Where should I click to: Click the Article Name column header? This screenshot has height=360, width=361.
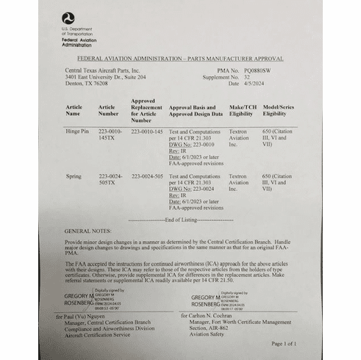(74, 110)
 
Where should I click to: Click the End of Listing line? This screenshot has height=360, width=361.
(180, 220)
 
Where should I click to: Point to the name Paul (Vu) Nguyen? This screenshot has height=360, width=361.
(95, 314)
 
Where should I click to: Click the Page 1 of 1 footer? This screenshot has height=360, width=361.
(284, 344)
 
